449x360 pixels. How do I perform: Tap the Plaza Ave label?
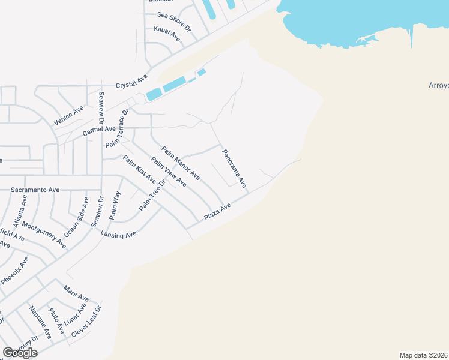click(x=217, y=211)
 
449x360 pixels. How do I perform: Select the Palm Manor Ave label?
click(x=180, y=163)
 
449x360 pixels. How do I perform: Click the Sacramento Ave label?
click(x=35, y=190)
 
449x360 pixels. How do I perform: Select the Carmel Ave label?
click(x=99, y=130)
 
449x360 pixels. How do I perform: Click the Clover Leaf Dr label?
click(x=86, y=321)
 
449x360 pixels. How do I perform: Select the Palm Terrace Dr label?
click(x=118, y=128)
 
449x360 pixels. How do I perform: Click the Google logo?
click(x=20, y=353)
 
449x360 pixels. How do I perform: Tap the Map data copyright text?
click(x=424, y=355)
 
